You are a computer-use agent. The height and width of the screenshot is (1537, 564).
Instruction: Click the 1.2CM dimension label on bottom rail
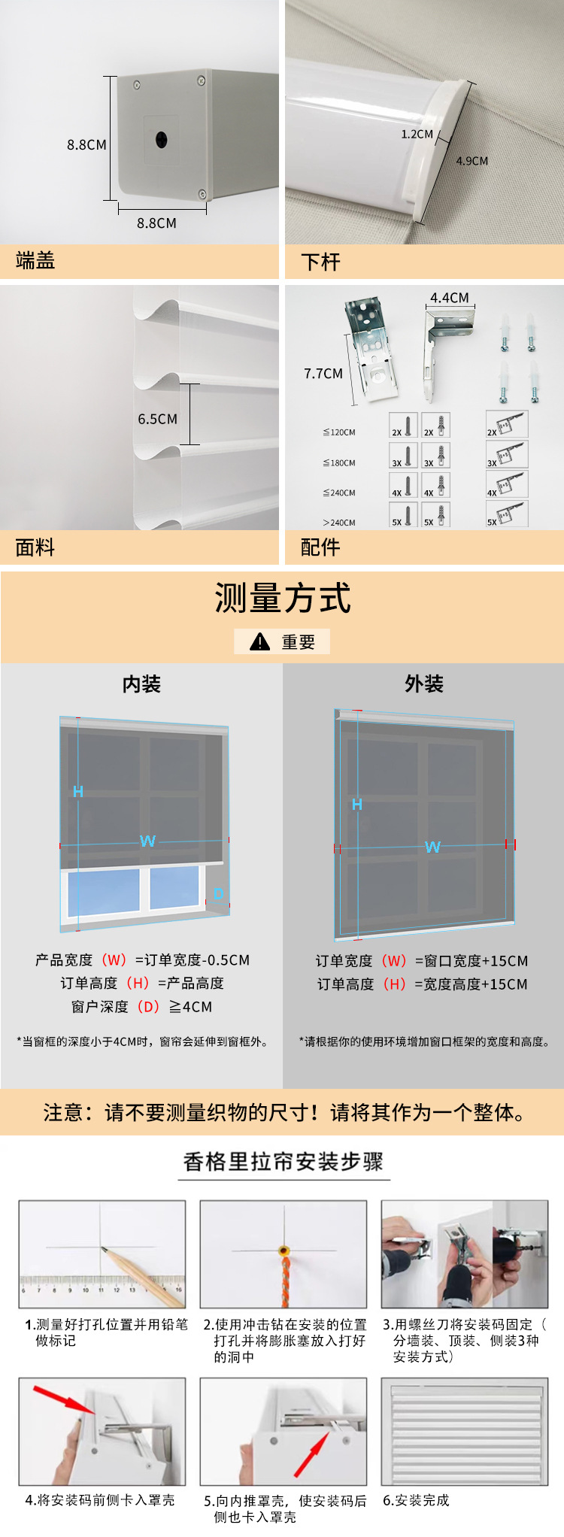[x=417, y=135]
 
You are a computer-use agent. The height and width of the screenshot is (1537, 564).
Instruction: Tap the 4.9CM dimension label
[x=472, y=161]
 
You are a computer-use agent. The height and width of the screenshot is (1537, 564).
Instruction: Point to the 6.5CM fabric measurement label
[x=157, y=419]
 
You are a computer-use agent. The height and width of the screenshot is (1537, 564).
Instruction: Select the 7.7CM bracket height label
[x=323, y=374]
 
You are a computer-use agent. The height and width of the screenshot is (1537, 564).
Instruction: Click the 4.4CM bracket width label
[x=449, y=298]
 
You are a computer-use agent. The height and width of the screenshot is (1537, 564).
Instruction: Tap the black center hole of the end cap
[x=162, y=139]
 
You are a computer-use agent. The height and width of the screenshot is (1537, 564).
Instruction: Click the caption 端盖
[x=35, y=261]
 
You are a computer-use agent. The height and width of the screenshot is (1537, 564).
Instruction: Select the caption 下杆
[x=320, y=262]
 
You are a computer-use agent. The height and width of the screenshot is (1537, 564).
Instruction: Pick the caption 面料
[x=35, y=547]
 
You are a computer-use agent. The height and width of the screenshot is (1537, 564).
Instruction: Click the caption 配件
[x=320, y=547]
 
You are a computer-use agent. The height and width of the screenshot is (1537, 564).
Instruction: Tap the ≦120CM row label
[x=339, y=432]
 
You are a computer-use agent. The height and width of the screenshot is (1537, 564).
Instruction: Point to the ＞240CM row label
[x=339, y=523]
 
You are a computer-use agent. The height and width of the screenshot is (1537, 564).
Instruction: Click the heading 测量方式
[x=283, y=599]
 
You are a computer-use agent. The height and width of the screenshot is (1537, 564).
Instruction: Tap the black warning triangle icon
[x=259, y=641]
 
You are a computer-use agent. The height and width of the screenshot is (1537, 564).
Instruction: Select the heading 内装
[x=141, y=684]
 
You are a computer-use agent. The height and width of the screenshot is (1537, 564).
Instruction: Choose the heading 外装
[x=424, y=684]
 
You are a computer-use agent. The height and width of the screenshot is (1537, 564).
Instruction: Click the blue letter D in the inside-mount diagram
[x=219, y=894]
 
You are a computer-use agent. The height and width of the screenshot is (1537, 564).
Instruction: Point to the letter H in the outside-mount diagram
[x=357, y=805]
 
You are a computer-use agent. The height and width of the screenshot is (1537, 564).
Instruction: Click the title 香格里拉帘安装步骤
[x=284, y=1162]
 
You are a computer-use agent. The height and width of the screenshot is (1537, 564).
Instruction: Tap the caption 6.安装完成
[x=416, y=1500]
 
